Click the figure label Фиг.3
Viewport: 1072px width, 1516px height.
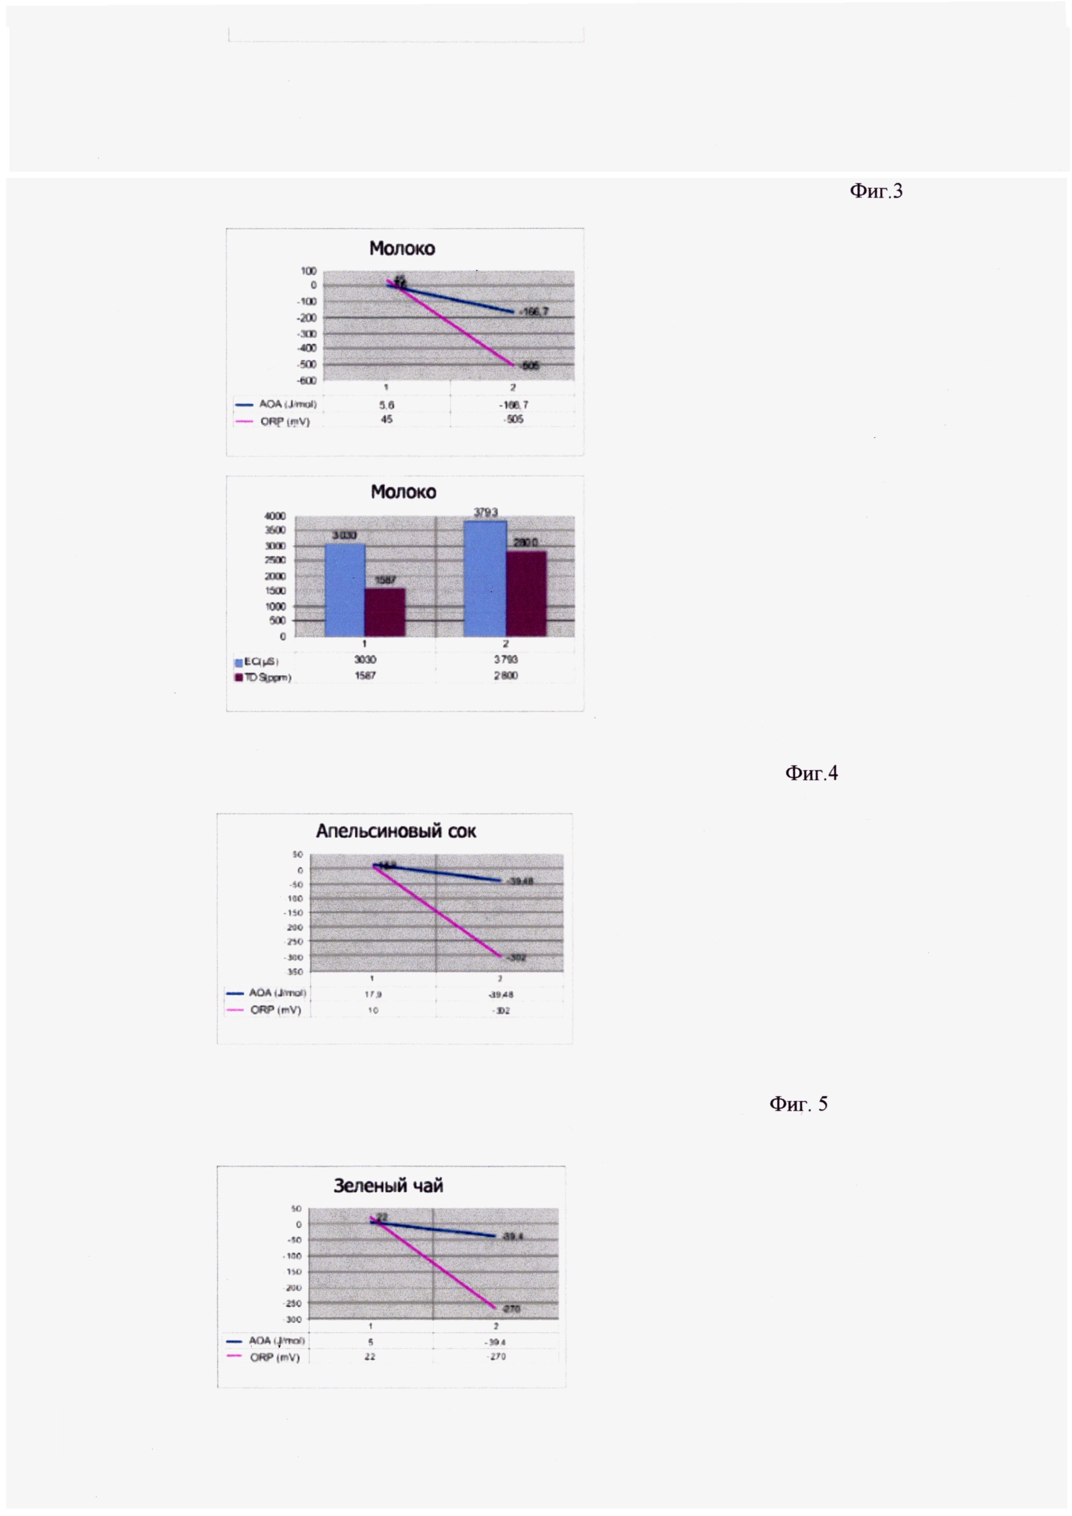[x=875, y=191]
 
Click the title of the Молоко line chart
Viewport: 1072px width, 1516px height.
[x=402, y=249]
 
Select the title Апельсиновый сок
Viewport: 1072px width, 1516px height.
[x=396, y=831]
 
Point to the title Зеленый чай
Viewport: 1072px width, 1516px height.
[x=388, y=1185]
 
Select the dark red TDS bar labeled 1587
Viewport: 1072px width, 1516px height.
[x=385, y=612]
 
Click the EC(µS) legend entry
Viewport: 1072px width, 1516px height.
[x=258, y=661]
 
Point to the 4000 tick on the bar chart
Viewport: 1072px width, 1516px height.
[x=274, y=516]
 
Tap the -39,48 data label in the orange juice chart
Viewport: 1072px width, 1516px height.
[x=520, y=881]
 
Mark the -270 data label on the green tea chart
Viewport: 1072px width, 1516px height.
[x=510, y=1308]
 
